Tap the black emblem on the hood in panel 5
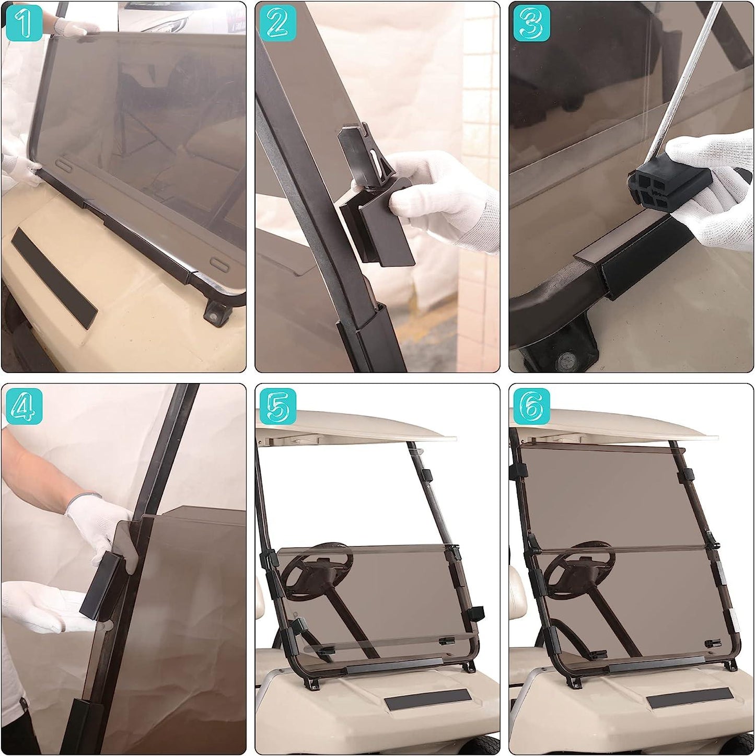tap(427, 699)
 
